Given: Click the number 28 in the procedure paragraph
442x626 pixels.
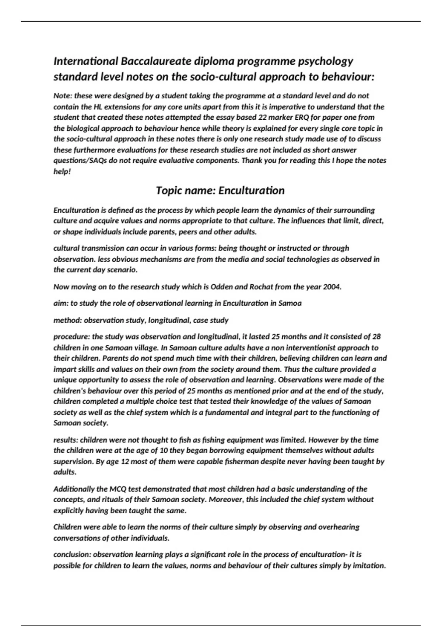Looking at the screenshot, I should click(376, 337).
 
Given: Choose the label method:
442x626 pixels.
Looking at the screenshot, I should click(67, 320).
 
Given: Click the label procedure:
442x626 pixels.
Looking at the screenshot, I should click(72, 337).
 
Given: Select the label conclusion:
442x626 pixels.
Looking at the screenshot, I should click(72, 555).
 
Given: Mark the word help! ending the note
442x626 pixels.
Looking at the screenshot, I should click(62, 172).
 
